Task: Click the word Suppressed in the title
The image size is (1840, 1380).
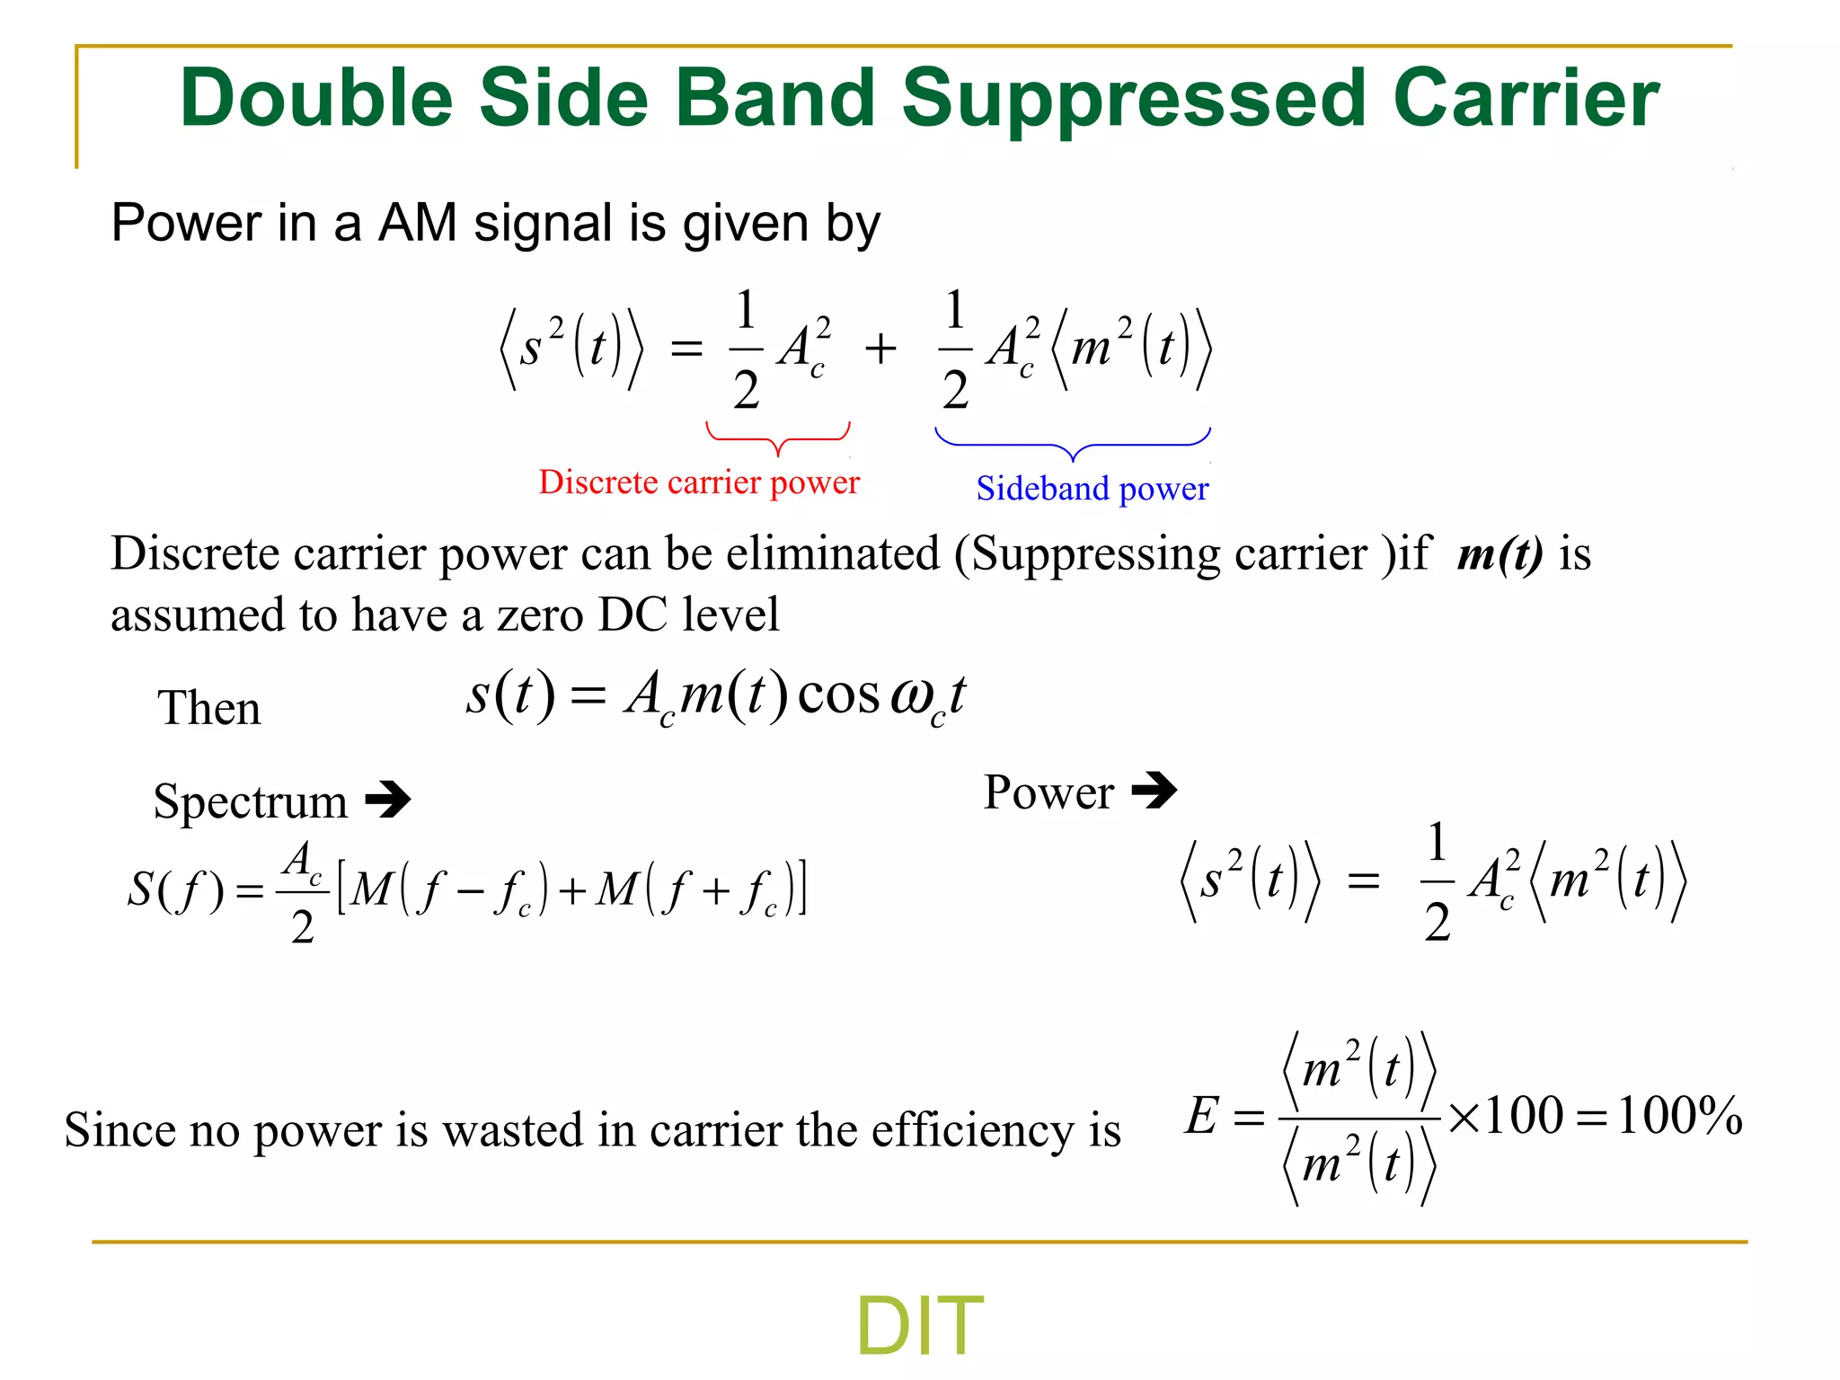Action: click(x=1135, y=99)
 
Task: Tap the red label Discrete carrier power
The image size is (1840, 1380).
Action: click(x=699, y=482)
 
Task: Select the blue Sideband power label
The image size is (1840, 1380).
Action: click(x=1092, y=489)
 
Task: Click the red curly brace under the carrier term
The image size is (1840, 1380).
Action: click(x=778, y=438)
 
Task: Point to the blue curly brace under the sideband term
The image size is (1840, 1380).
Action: click(x=1073, y=444)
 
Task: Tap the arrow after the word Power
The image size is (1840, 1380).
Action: click(x=1154, y=791)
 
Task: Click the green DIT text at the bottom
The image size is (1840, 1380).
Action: click(x=919, y=1326)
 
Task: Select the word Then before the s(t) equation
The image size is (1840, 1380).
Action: click(x=209, y=708)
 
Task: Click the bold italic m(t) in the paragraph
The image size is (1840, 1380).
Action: click(x=1499, y=553)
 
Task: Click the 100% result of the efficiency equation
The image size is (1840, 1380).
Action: click(x=1678, y=1117)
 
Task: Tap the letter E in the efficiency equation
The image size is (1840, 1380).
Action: click(x=1202, y=1117)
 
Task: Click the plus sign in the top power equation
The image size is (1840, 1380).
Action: click(x=880, y=349)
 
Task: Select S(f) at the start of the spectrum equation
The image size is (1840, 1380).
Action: click(x=174, y=890)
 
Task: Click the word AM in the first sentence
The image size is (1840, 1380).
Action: click(x=417, y=223)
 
